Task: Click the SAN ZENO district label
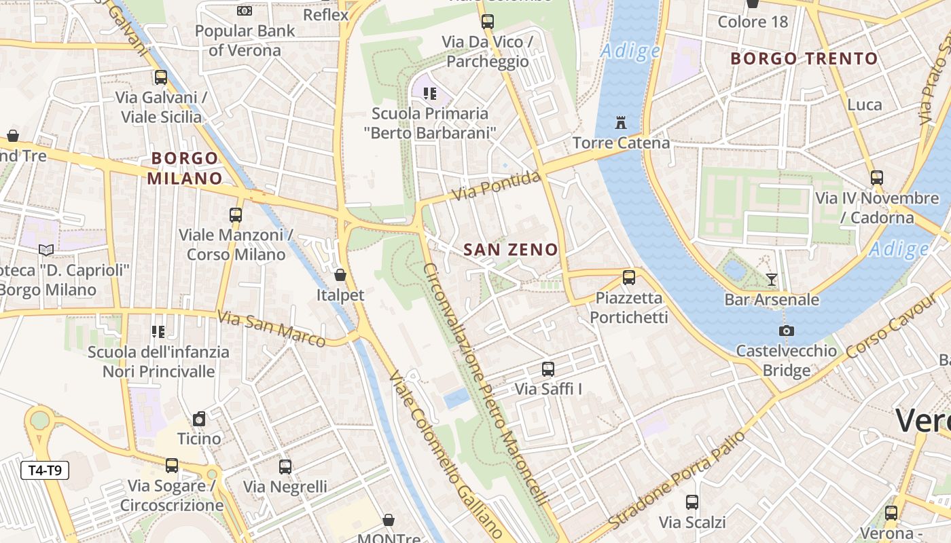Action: pos(510,250)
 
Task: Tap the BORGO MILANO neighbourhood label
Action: pos(185,168)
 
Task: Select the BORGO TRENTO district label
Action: pos(804,59)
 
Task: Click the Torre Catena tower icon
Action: pos(620,123)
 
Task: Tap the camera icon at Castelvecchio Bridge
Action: pos(787,331)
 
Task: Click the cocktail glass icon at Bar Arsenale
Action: pos(771,279)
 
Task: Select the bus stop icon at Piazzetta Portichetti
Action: pos(629,277)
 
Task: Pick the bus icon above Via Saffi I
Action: pos(548,369)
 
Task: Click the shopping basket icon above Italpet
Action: pos(340,275)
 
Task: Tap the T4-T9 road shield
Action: pos(45,470)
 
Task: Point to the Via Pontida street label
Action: pos(498,187)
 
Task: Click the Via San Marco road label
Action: pos(272,329)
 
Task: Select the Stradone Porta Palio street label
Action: pos(677,481)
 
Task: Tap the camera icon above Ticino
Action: pos(199,419)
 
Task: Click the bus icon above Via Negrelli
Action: pos(285,467)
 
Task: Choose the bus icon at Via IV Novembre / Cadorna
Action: pos(877,178)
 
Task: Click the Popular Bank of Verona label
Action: pos(245,41)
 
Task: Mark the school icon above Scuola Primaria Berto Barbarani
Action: pos(429,94)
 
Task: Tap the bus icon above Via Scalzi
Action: pos(692,502)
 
